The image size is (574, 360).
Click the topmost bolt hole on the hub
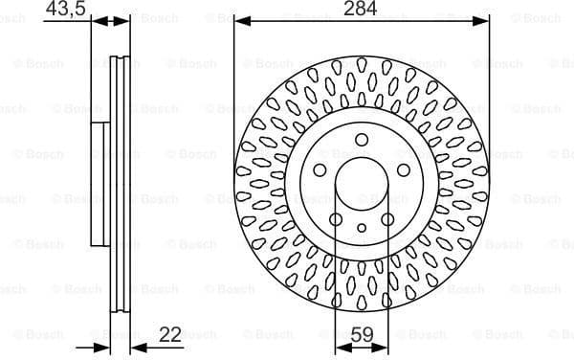click(x=362, y=141)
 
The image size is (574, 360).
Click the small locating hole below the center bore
click(x=362, y=227)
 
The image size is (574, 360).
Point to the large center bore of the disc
click(x=362, y=182)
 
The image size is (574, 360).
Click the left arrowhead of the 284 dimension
click(x=240, y=20)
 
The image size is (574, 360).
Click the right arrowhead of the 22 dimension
click(x=133, y=346)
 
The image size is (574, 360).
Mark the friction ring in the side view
click(x=121, y=182)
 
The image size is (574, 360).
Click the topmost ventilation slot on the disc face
click(x=362, y=66)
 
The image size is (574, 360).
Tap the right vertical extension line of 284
click(x=489, y=96)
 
